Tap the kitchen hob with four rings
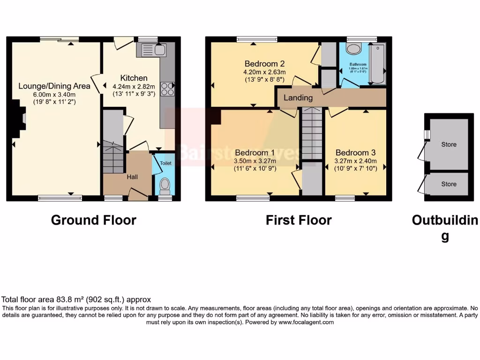[167, 89]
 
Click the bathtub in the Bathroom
[377, 64]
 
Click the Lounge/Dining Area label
[54, 86]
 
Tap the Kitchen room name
[134, 78]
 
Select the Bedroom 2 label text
[264, 64]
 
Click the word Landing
[298, 97]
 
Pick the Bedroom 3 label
[355, 152]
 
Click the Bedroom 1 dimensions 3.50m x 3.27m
[255, 161]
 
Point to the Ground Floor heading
[93, 220]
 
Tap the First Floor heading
[299, 220]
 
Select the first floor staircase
[312, 133]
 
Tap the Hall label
[132, 177]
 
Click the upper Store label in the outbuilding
[449, 144]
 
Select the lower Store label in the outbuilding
[449, 184]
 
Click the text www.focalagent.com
[306, 322]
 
